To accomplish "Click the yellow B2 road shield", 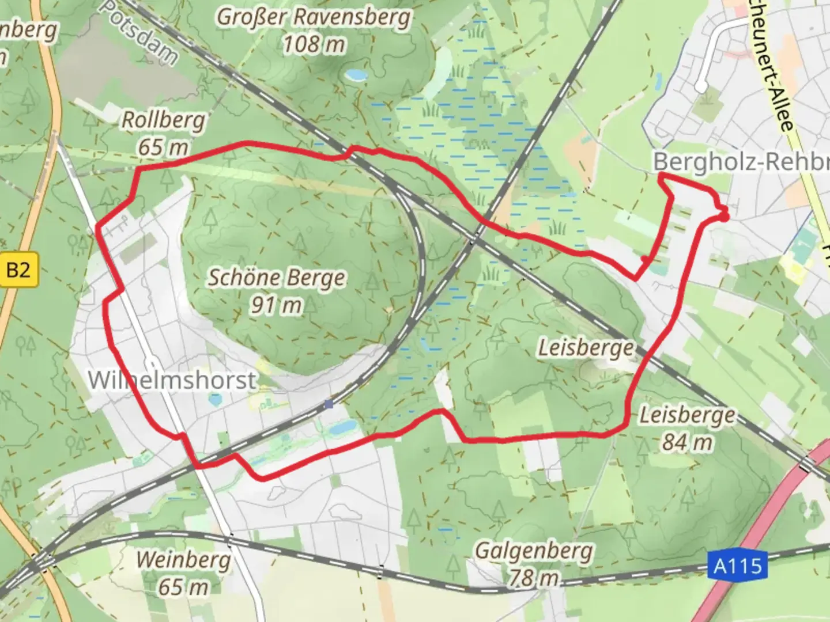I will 18,269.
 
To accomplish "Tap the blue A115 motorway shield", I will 738,566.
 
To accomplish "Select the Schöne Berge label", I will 276,278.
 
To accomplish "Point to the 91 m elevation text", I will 276,305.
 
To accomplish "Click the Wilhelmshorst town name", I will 172,380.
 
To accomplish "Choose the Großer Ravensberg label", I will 314,17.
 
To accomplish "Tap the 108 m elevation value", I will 314,44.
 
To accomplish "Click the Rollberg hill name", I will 163,120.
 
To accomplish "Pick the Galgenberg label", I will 533,551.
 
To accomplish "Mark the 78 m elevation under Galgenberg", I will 533,578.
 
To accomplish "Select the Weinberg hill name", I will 183,560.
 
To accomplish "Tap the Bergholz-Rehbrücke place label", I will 741,162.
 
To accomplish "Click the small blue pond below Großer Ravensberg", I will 355,75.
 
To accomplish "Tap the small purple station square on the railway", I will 329,404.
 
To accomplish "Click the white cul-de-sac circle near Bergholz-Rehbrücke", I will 701,87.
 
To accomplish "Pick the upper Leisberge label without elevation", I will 586,348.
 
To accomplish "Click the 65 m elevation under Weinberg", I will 183,587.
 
